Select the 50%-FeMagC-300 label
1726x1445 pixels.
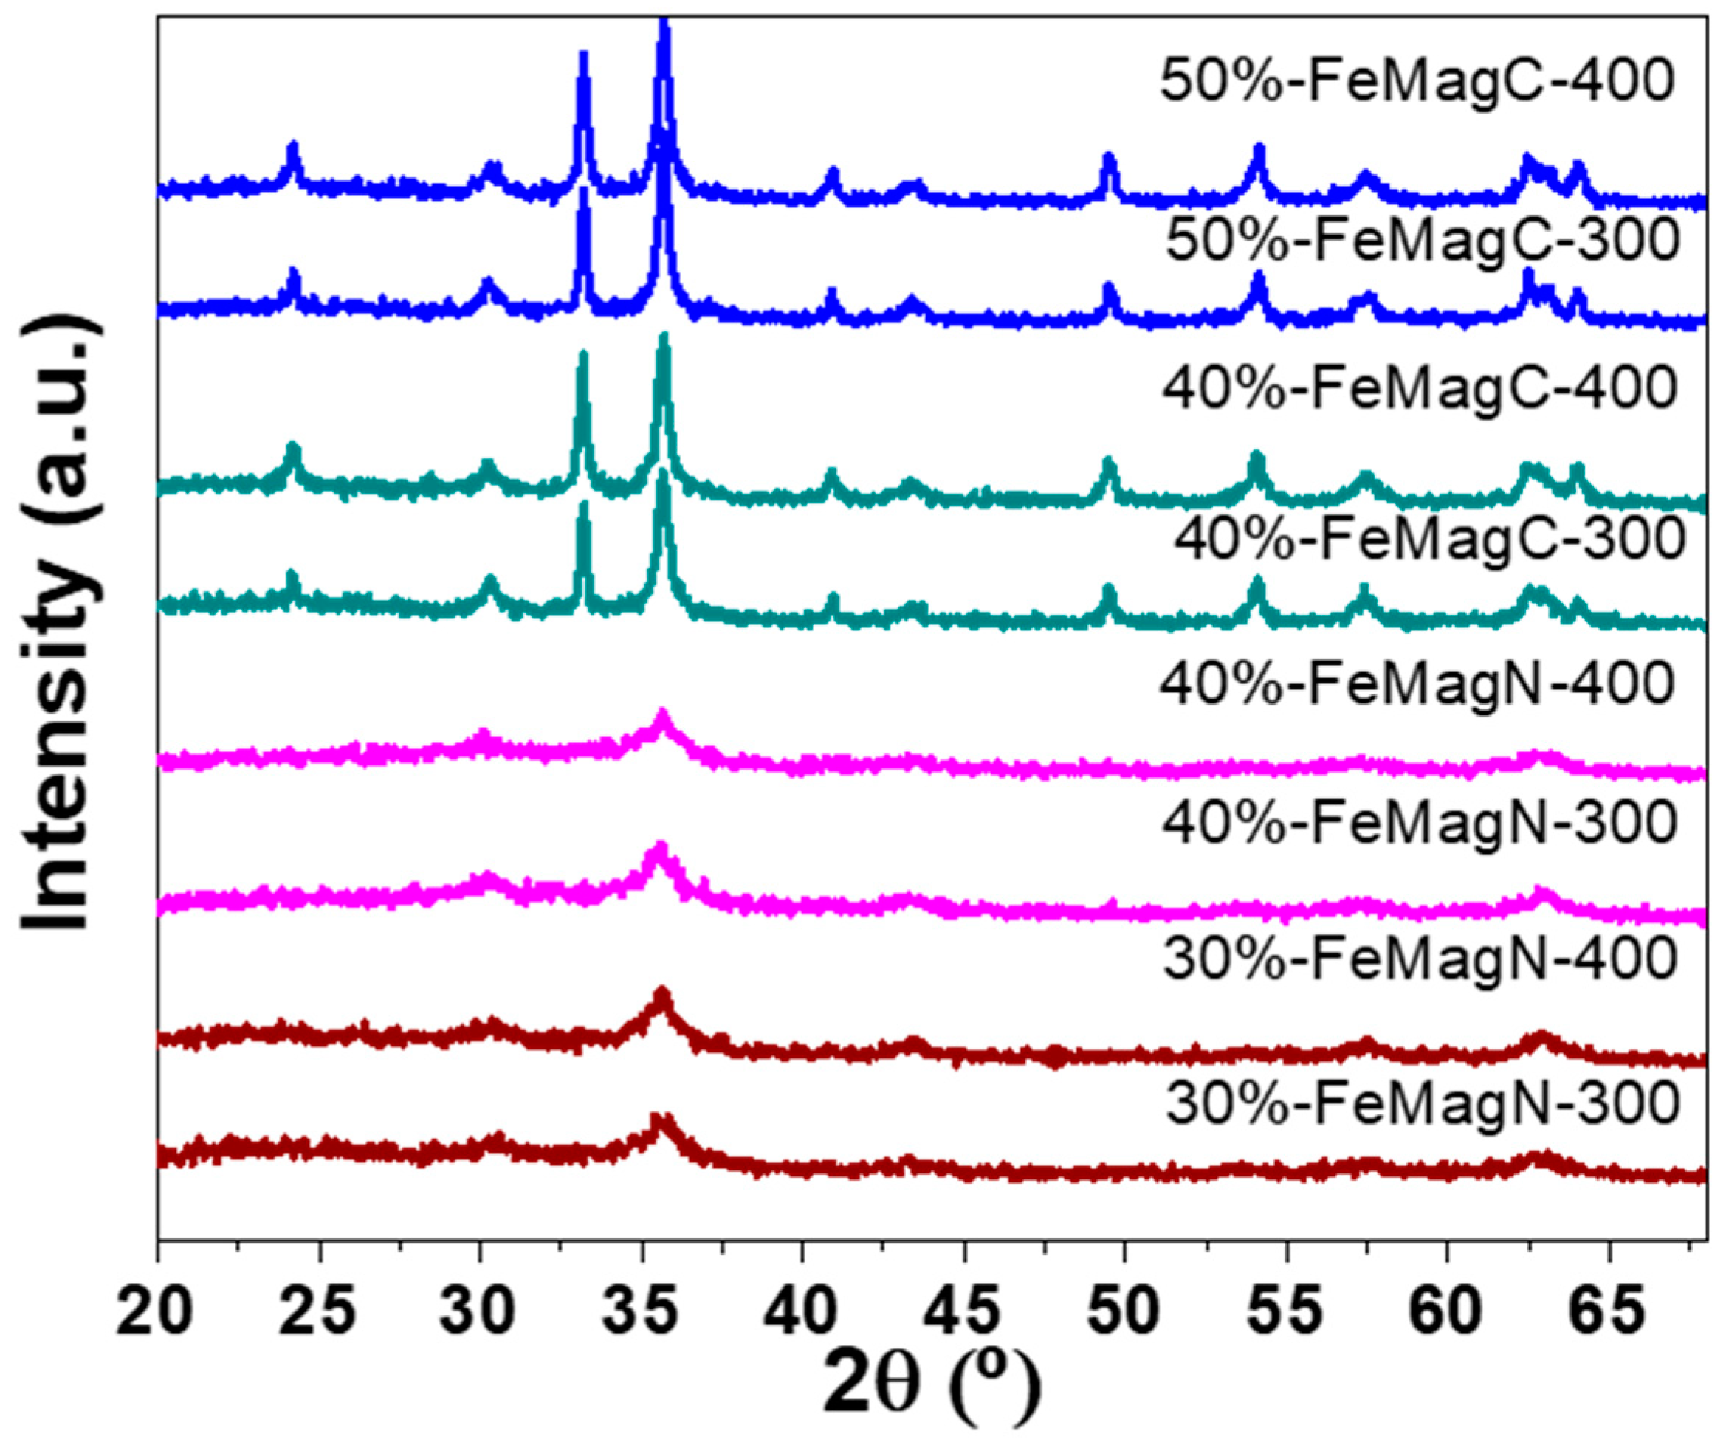coord(1422,241)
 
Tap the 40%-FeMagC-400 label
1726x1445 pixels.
coord(1419,389)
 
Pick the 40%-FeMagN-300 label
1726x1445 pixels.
coord(1419,823)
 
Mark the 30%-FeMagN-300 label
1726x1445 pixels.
coord(1422,1104)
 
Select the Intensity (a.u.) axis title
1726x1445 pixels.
coord(62,624)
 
